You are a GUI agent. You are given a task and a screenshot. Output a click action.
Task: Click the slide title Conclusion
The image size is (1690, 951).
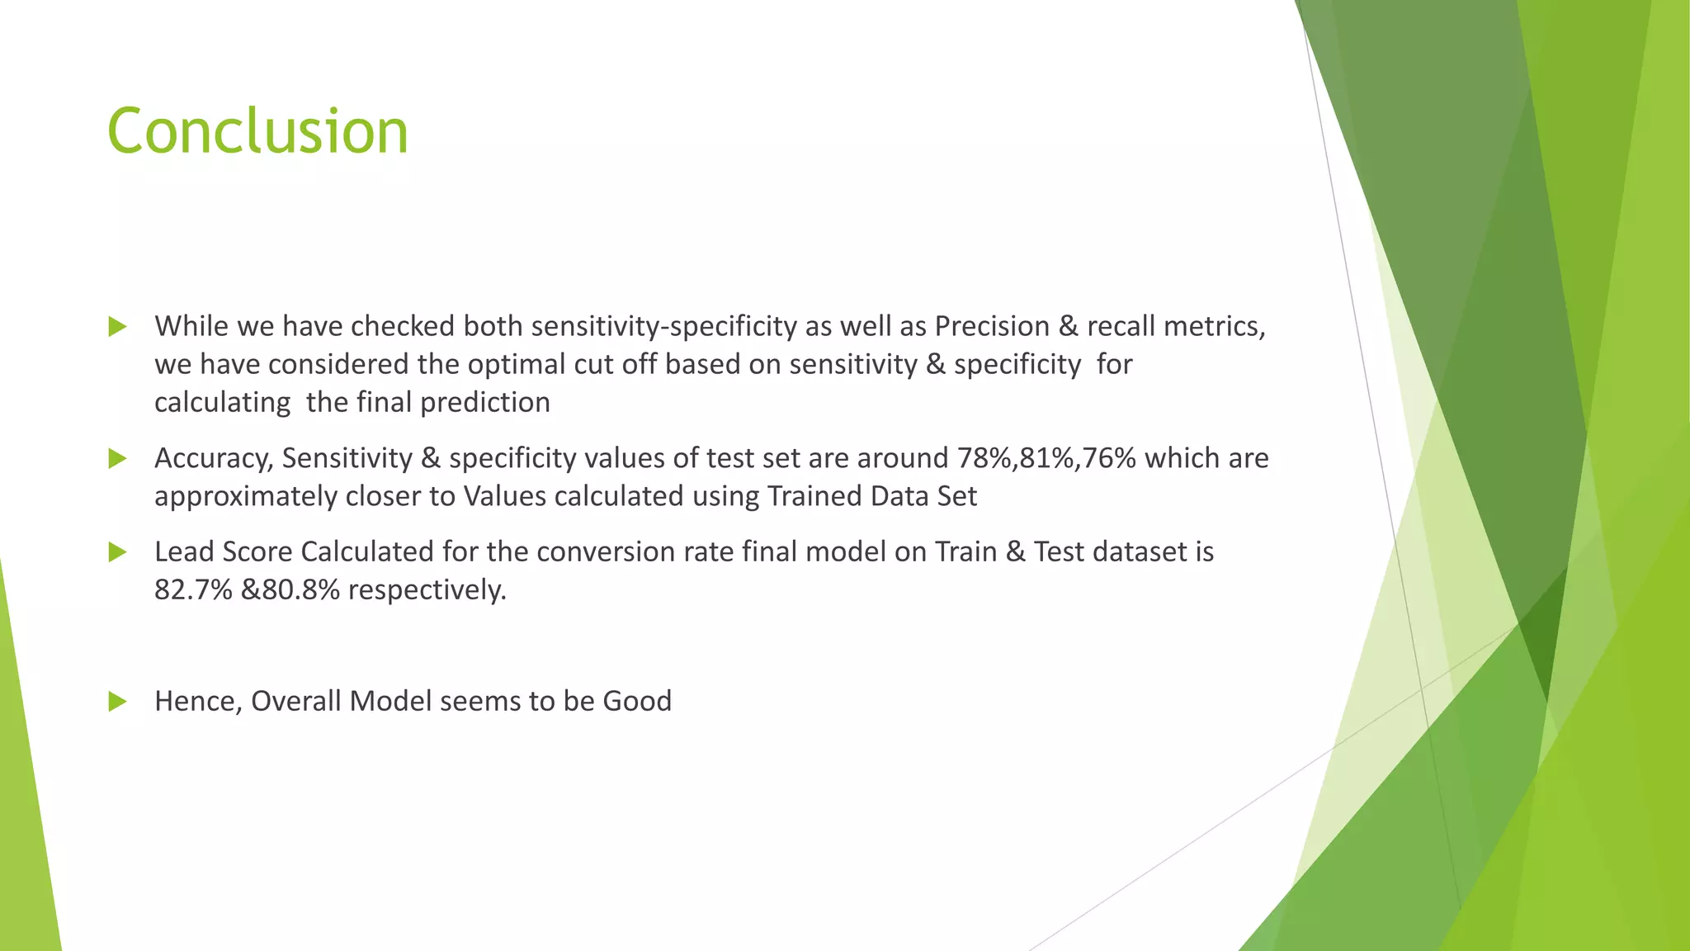257,131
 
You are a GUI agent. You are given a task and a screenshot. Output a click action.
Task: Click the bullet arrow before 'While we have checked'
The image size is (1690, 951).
117,327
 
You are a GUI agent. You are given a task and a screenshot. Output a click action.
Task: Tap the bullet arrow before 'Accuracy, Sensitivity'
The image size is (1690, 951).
117,459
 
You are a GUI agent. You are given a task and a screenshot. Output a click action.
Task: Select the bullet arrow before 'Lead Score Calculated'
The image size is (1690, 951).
117,552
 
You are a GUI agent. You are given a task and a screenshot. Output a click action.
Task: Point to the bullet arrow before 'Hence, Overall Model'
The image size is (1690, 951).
117,702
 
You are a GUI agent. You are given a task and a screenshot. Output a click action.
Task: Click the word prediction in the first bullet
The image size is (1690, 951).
485,403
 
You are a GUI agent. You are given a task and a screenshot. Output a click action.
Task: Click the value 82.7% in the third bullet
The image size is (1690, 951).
193,589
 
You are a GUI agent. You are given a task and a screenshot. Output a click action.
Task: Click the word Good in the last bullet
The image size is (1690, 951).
637,701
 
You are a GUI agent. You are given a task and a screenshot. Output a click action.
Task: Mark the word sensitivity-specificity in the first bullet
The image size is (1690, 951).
664,327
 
